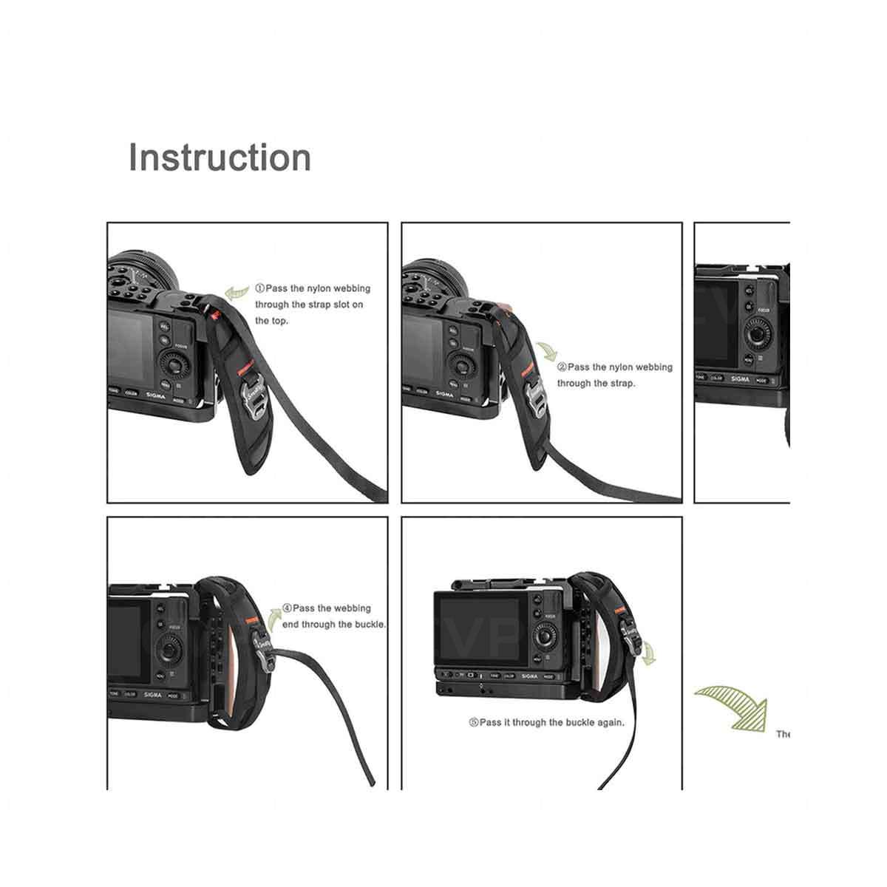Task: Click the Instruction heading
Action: coord(220,158)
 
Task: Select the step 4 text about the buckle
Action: coord(333,616)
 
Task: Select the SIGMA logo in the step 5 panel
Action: coord(529,676)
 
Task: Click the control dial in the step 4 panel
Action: coord(170,651)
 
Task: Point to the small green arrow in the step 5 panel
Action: coord(650,653)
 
